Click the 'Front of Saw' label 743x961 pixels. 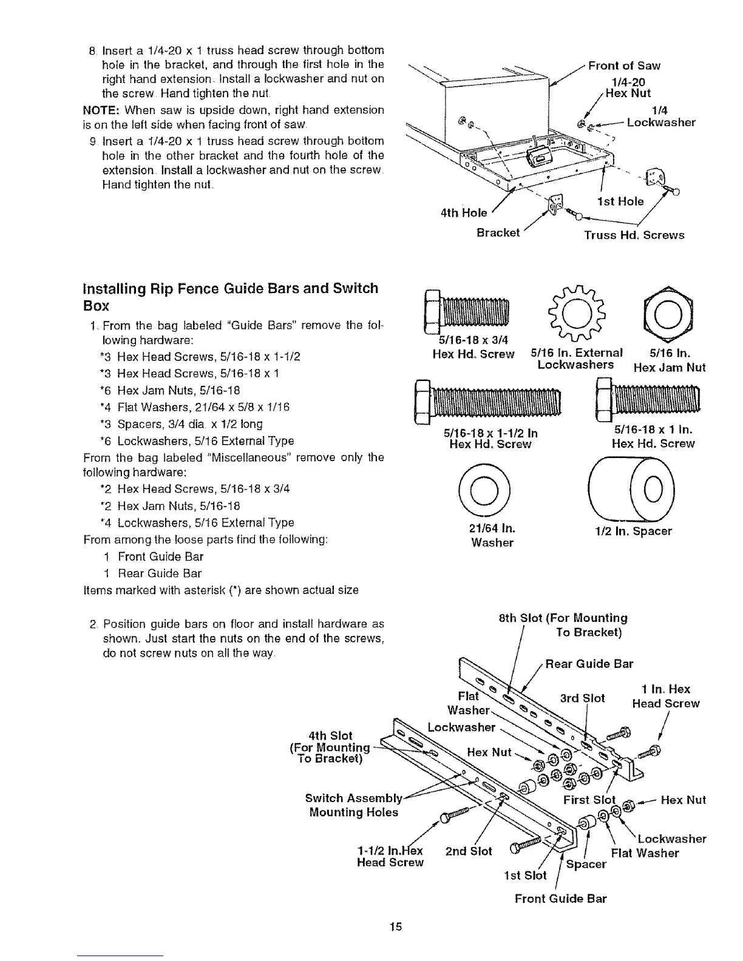coord(624,66)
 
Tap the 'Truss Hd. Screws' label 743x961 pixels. coord(634,235)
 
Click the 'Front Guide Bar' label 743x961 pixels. coord(560,899)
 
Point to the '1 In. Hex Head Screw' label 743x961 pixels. coord(665,696)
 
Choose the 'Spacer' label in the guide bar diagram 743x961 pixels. coord(586,863)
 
